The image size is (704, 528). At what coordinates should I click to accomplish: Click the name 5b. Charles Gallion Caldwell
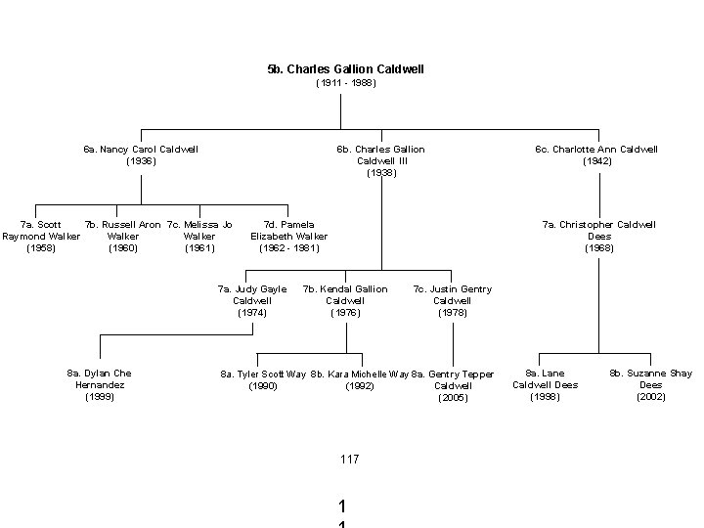point(345,69)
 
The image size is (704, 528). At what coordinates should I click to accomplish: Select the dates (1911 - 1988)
point(345,83)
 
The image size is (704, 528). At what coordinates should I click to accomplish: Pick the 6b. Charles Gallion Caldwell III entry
point(380,161)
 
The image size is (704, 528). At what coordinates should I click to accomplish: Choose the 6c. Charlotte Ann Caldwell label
point(596,155)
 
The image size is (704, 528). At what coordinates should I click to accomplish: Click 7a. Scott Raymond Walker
point(41,237)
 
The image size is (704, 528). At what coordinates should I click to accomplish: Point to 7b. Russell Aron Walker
point(123,237)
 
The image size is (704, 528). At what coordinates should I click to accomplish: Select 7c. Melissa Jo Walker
point(199,237)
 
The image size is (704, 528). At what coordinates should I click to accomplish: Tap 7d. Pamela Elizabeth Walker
point(289,237)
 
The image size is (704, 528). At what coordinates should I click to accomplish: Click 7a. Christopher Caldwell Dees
point(598,237)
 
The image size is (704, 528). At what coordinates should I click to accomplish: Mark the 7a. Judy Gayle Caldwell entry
point(252,301)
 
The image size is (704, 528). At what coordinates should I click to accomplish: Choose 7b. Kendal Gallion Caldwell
point(345,301)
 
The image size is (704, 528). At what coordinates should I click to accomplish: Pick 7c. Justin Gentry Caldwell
point(453,301)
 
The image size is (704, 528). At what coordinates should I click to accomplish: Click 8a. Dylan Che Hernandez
point(99,385)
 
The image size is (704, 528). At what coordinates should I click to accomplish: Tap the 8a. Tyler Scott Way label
point(263,379)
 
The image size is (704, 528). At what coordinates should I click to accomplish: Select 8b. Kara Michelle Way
point(360,379)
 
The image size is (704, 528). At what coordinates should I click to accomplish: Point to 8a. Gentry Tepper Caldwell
point(453,385)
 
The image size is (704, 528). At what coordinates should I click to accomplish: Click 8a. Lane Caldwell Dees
point(546,385)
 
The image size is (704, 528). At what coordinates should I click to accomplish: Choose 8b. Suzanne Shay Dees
point(650,385)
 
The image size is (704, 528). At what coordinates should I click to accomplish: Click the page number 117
point(350,459)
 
